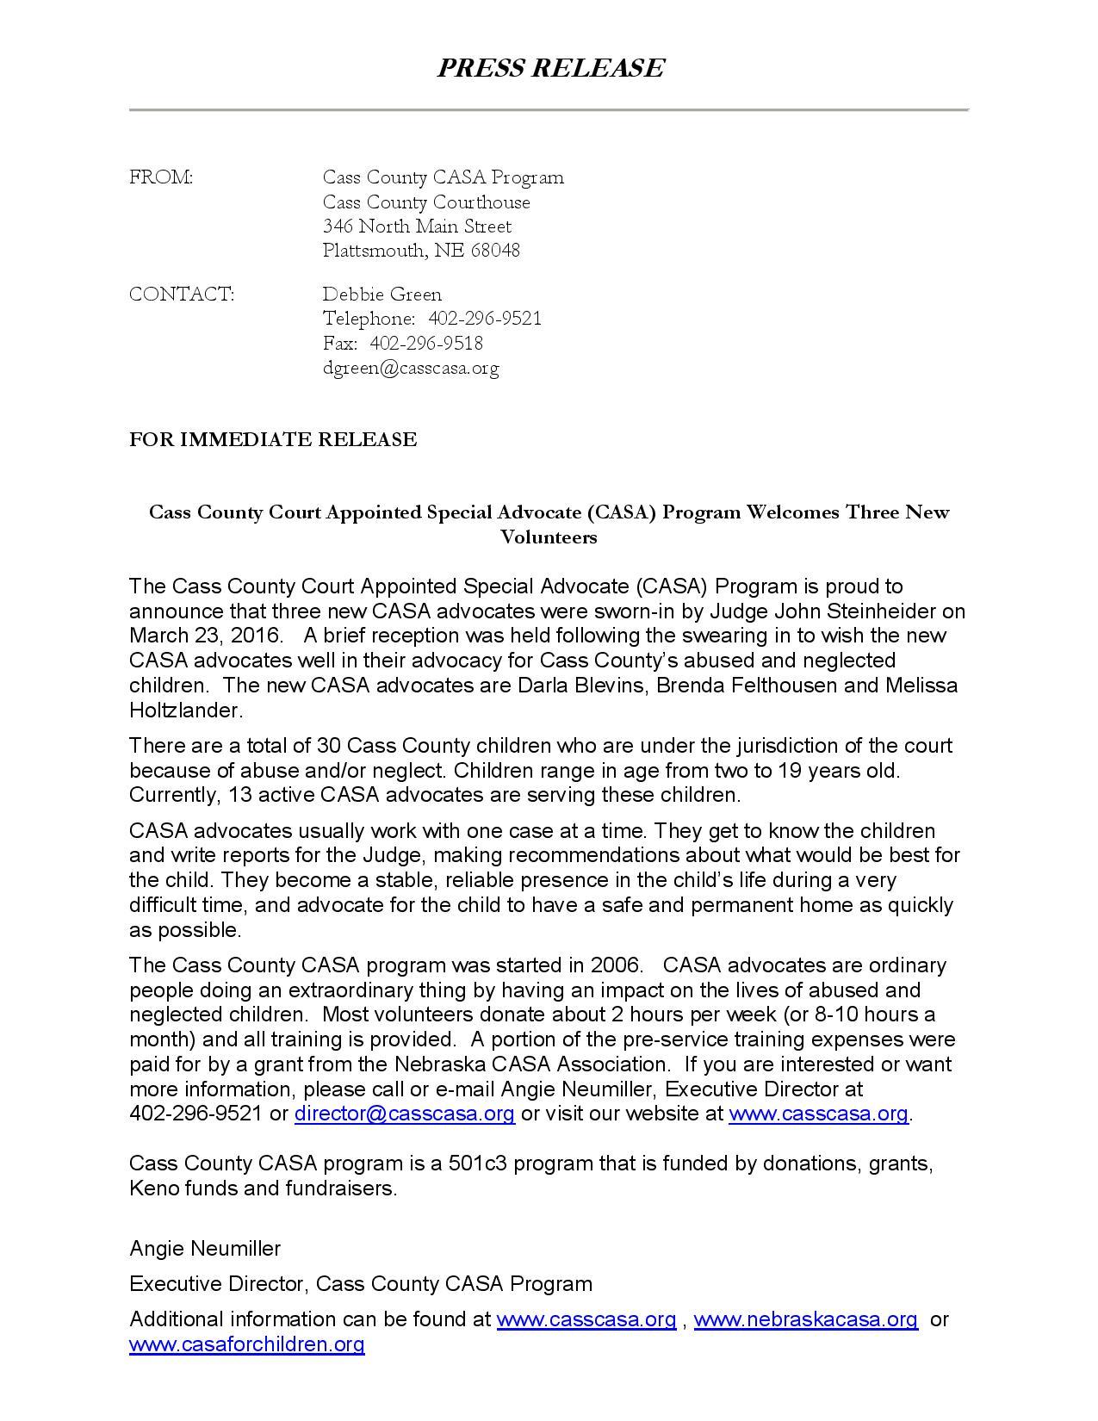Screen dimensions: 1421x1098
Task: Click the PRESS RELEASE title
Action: point(549,68)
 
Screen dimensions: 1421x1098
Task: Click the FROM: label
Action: point(161,177)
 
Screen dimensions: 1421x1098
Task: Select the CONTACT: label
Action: point(181,295)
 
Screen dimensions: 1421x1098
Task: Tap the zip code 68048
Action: point(495,251)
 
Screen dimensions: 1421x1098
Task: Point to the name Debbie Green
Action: point(382,295)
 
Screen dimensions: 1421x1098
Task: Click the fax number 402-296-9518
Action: point(426,344)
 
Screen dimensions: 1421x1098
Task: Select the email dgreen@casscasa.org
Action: point(411,369)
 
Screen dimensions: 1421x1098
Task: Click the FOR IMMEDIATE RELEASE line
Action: point(273,440)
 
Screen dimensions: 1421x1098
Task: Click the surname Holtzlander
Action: point(185,710)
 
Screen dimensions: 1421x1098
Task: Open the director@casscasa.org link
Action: point(405,1114)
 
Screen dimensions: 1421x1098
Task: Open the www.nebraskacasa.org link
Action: point(805,1319)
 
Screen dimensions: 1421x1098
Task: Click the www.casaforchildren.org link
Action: point(247,1344)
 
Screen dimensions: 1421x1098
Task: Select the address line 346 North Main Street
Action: point(417,226)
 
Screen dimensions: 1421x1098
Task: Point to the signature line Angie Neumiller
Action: point(205,1248)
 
